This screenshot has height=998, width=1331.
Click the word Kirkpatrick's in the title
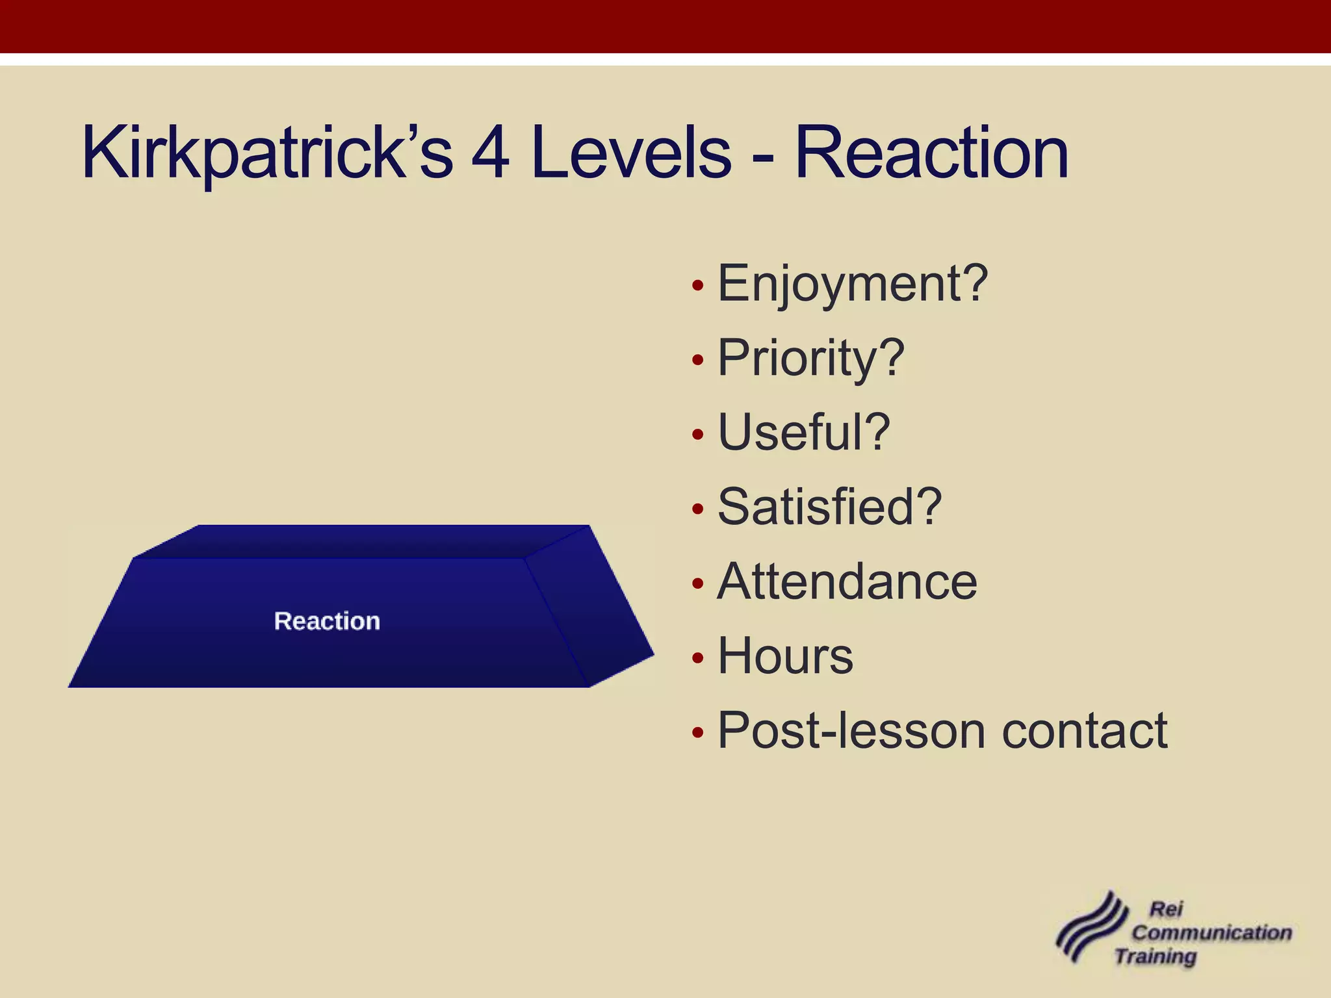(266, 153)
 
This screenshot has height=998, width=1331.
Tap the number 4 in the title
(490, 153)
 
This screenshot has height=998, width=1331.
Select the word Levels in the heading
(630, 153)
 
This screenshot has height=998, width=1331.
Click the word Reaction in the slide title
(931, 153)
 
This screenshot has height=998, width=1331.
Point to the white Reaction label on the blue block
(327, 621)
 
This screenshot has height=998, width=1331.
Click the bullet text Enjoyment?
(852, 284)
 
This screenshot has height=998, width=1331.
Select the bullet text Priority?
(810, 358)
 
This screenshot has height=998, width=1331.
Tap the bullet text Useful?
(803, 433)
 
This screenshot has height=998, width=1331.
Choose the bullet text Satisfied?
(829, 507)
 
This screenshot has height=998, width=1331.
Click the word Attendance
(847, 582)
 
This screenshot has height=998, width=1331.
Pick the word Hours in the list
(785, 656)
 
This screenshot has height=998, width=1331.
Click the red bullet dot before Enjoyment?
(698, 285)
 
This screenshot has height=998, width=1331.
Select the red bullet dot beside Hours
(698, 658)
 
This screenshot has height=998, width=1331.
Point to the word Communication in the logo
(1211, 932)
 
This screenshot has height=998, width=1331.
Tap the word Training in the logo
(1156, 956)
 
